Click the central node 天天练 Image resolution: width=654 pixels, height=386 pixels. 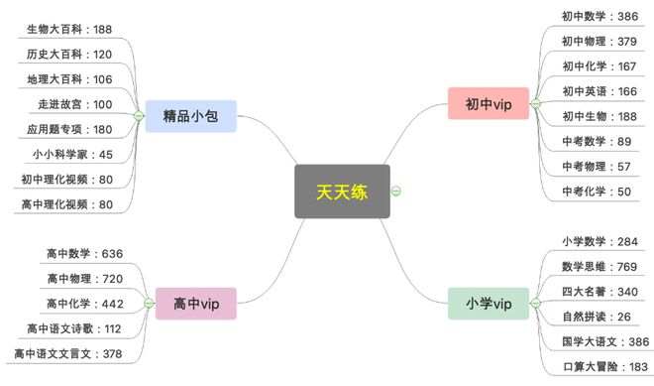[x=342, y=192]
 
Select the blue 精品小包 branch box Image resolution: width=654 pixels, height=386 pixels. [x=190, y=115]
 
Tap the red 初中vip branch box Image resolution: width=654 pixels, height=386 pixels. [x=488, y=103]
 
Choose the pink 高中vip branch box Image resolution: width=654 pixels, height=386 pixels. [x=196, y=303]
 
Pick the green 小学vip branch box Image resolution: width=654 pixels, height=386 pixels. [x=488, y=303]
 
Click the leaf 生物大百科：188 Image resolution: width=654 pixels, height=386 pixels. [x=68, y=29]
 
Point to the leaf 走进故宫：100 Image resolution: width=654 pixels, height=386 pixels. [x=76, y=104]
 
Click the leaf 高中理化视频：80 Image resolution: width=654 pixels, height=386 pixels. [x=66, y=204]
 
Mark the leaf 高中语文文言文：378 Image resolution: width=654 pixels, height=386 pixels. [x=68, y=353]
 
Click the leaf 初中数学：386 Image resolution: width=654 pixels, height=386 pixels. [x=599, y=16]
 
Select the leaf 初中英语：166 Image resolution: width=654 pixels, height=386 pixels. [x=599, y=91]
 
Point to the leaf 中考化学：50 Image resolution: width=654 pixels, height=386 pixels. [x=597, y=192]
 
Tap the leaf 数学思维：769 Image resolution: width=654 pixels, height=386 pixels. [x=599, y=266]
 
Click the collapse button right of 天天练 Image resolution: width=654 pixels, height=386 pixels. [x=396, y=192]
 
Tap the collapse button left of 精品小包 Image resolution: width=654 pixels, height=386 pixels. [x=140, y=116]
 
